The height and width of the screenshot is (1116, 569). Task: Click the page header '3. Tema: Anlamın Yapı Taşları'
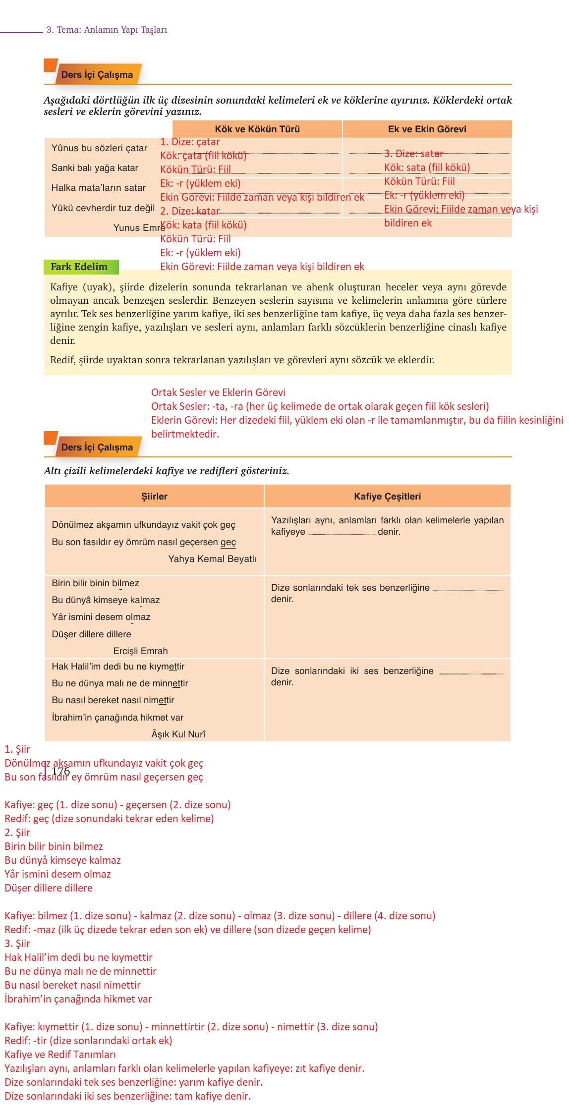107,30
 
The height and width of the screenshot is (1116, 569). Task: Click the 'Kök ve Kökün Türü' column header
257,129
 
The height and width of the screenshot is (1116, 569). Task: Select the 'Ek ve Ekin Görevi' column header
427,129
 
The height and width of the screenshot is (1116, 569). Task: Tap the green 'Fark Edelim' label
79,267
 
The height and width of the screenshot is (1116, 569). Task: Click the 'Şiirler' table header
154,496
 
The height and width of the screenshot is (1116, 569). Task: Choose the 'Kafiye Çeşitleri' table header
387,496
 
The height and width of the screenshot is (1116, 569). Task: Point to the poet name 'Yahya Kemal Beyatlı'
212,559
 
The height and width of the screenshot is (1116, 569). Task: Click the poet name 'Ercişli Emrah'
140,651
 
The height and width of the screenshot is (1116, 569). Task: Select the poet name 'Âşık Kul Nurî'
178,734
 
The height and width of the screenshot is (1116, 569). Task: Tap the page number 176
61,771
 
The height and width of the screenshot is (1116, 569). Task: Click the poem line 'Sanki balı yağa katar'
95,168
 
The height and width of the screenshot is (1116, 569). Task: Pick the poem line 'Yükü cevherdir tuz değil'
103,208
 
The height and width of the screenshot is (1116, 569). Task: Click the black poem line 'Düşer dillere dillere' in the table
91,634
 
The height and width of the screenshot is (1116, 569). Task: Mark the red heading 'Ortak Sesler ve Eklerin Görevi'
218,392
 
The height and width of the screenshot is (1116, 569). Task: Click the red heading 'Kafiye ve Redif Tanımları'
60,1055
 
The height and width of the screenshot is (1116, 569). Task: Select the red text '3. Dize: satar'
413,154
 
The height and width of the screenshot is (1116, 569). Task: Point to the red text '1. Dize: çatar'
190,142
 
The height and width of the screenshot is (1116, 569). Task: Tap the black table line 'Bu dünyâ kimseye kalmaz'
106,600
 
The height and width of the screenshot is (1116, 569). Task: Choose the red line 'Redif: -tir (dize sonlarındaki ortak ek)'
88,1041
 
